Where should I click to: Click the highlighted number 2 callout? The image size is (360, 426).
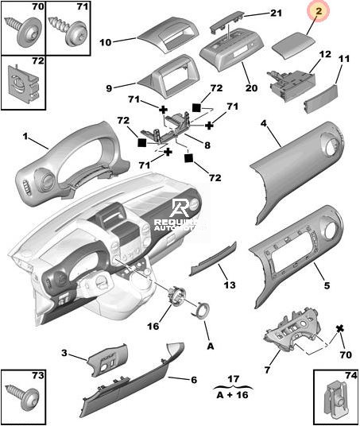[319, 11]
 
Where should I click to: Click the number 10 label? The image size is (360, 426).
[106, 42]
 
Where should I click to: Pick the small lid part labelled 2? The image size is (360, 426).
[293, 48]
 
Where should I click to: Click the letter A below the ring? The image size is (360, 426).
[211, 347]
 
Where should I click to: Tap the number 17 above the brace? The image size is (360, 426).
[233, 379]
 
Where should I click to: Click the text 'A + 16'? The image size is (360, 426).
[233, 395]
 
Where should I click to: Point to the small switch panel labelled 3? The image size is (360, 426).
[108, 360]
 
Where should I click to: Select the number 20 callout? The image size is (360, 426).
[251, 88]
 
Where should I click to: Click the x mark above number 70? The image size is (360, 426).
[339, 329]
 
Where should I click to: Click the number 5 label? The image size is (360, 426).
[327, 285]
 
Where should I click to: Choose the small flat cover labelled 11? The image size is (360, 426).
[320, 99]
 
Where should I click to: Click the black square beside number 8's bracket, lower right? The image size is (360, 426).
[188, 158]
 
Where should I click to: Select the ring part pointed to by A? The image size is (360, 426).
[200, 310]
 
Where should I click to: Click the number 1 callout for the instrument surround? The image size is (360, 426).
[25, 136]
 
